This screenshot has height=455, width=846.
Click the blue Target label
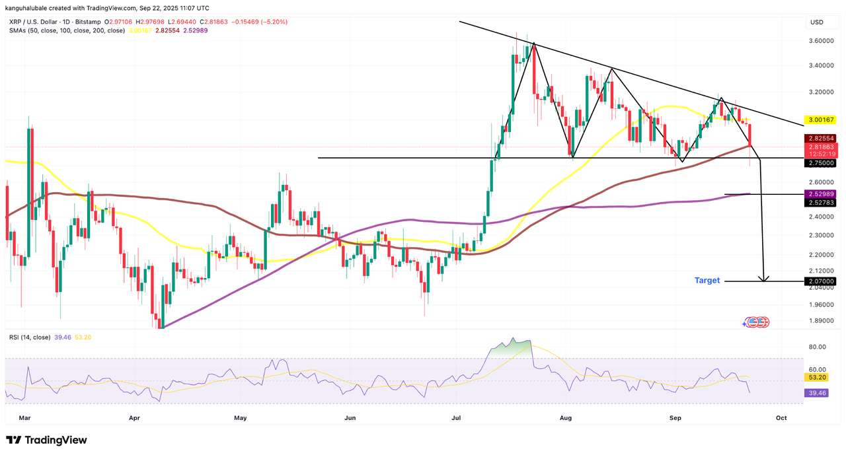(707, 281)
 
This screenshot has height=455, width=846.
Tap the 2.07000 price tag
(821, 281)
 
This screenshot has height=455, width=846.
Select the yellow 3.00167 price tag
(821, 120)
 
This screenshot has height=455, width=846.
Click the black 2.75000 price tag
(821, 162)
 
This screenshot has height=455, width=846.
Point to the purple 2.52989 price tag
(821, 193)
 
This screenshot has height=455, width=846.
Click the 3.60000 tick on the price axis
(821, 41)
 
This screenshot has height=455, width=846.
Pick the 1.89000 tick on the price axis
(821, 321)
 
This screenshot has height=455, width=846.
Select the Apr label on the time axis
(134, 418)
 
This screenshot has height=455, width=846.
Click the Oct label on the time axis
(781, 418)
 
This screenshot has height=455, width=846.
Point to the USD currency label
(817, 22)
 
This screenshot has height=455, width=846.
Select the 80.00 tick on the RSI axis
(818, 347)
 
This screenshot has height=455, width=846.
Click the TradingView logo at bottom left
(46, 440)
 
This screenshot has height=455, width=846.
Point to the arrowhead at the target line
(765, 278)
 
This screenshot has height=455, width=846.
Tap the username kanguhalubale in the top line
(30, 8)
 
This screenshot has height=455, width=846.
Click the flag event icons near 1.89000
(756, 322)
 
